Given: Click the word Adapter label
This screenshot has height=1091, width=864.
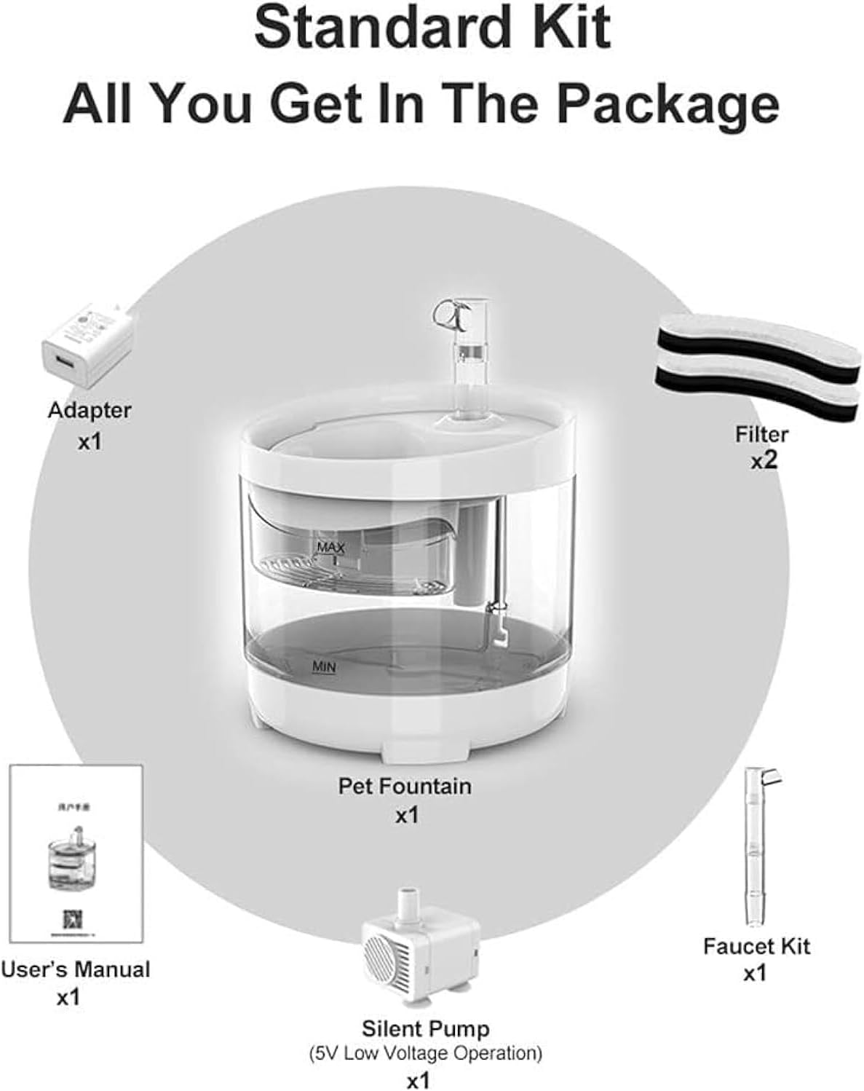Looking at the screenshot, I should pos(90,410).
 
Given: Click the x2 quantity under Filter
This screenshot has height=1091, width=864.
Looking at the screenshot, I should pos(764,460).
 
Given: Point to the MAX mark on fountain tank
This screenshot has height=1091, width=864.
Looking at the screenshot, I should pos(330,546).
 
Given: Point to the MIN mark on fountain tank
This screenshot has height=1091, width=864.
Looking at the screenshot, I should pos(324,666).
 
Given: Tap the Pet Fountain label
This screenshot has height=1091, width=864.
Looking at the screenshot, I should pos(405,787).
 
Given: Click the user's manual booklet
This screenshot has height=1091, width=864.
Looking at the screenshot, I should pos(76,852).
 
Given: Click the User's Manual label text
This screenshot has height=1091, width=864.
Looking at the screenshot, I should pos(75,970).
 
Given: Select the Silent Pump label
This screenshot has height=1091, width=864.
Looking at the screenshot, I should pos(426,1029).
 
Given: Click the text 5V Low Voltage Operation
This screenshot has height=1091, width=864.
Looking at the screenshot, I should pos(426,1052).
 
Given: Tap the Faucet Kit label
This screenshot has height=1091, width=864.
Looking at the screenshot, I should pos(756,946).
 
